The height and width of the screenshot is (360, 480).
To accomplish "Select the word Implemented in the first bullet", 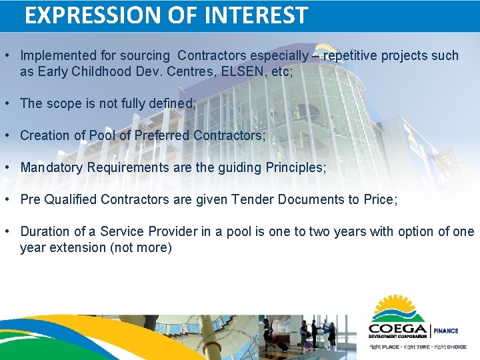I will click(x=58, y=55).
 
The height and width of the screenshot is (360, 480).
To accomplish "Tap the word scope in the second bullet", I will click(x=61, y=103).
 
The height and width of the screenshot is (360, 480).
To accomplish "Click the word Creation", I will click(x=45, y=135).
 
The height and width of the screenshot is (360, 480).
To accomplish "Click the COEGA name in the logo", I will click(x=398, y=329).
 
